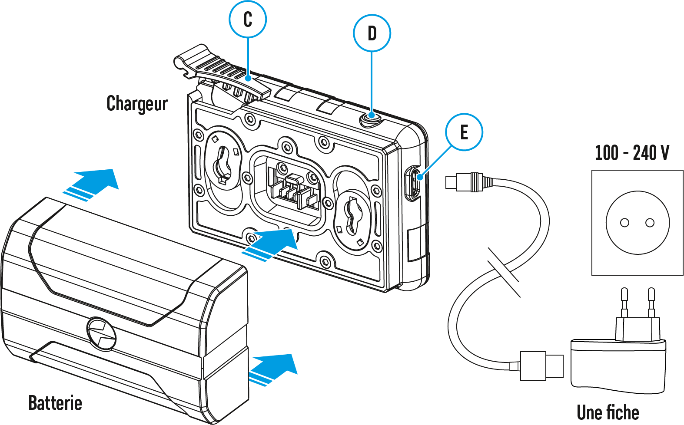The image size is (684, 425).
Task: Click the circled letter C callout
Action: (247, 20)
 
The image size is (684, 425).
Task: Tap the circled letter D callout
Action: (372, 33)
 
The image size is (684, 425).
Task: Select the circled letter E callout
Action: (464, 132)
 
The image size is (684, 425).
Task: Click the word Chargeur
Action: (137, 104)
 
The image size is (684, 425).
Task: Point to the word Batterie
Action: (55, 403)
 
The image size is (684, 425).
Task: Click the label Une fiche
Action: (608, 412)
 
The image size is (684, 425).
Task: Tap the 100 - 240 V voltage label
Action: (632, 153)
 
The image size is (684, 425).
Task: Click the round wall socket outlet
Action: (638, 223)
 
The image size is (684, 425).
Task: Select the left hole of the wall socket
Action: (624, 223)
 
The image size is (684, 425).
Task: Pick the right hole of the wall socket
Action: (650, 223)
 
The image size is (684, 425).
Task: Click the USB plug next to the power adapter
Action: (541, 366)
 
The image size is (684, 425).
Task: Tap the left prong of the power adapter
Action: (624, 302)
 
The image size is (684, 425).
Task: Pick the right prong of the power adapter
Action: (651, 302)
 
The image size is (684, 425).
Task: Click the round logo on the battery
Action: (102, 333)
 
